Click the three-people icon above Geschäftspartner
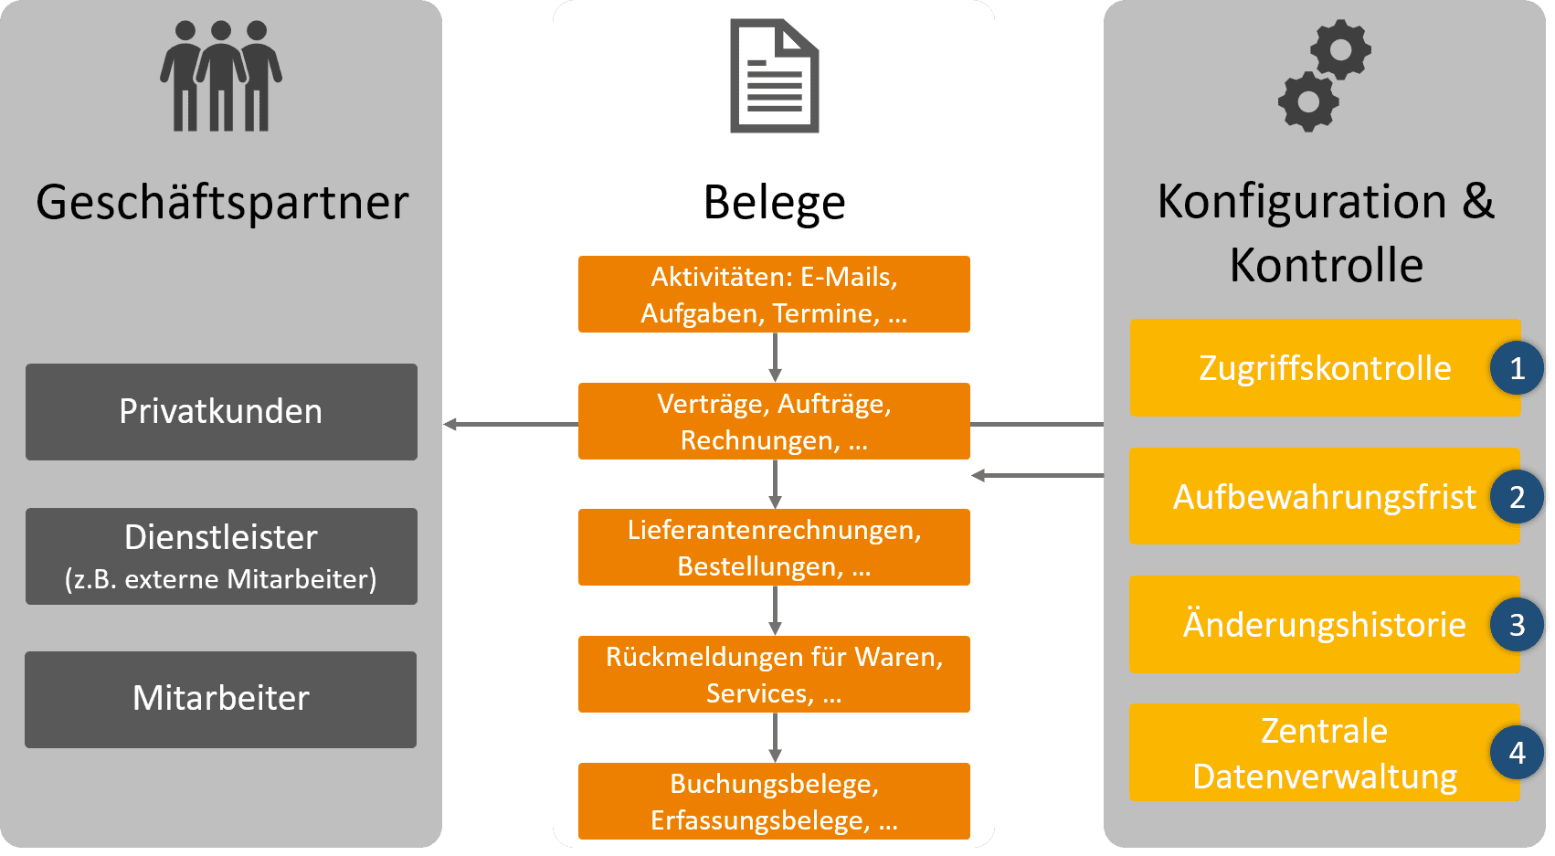[220, 77]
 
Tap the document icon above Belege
[774, 78]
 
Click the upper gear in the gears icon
[1340, 50]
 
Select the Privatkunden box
[221, 412]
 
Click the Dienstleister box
[221, 556]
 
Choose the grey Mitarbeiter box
[221, 699]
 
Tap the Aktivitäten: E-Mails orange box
[774, 294]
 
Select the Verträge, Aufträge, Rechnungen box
[774, 421]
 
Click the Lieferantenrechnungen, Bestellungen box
[774, 547]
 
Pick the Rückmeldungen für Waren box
[774, 674]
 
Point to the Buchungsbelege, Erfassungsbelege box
[774, 801]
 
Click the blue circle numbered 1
[1517, 368]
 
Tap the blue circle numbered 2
[1517, 497]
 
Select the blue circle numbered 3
[1517, 625]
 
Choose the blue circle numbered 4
[1517, 753]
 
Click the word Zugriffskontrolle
[1324, 368]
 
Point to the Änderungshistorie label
[1324, 625]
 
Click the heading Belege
[774, 202]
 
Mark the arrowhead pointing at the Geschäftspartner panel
[450, 424]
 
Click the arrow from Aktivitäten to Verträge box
[775, 357]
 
